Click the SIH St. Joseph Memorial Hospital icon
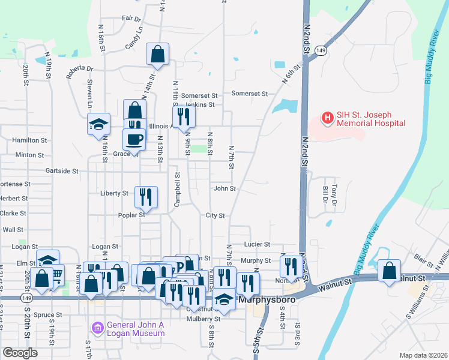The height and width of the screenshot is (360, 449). [x=327, y=118]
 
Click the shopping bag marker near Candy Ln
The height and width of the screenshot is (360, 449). [x=157, y=55]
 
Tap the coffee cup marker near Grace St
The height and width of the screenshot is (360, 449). [x=134, y=139]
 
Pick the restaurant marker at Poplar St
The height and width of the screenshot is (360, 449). [x=146, y=196]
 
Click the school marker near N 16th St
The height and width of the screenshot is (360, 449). [x=98, y=124]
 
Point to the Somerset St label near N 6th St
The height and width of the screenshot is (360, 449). [x=249, y=94]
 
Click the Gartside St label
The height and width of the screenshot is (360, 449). [x=62, y=171]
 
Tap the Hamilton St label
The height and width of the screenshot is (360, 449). [x=29, y=140]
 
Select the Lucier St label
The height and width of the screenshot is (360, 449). [x=257, y=244]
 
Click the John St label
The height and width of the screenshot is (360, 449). [x=224, y=188]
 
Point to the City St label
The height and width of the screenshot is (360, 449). [x=214, y=215]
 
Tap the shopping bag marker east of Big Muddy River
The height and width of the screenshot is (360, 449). [x=390, y=271]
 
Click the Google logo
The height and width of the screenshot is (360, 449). [x=20, y=353]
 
